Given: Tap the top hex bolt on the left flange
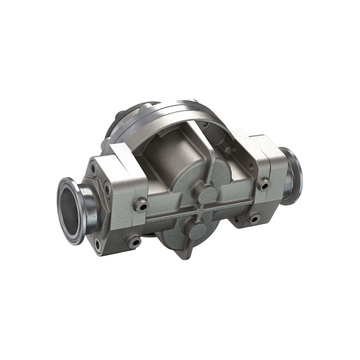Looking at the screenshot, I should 93,167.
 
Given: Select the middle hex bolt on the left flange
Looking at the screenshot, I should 107,190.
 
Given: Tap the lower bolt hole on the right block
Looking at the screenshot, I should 254,219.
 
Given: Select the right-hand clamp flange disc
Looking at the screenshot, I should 291,175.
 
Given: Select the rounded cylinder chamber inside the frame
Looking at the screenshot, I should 170,165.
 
